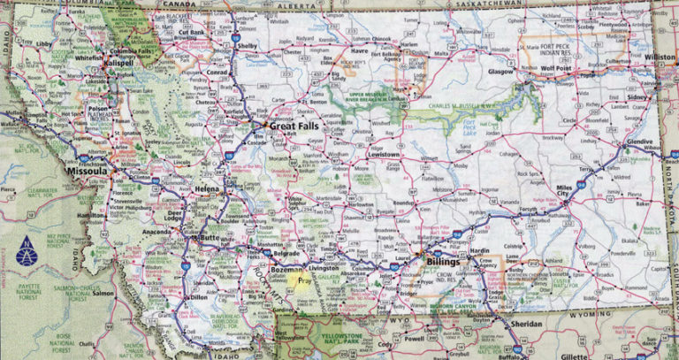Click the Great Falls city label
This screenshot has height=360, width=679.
294,127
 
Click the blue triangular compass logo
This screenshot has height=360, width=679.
27,251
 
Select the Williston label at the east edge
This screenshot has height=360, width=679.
658,57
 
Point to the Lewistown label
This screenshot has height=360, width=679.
384,154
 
